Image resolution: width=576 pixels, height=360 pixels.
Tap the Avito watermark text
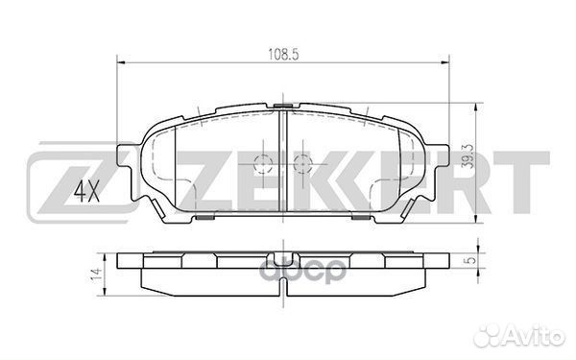(x=539, y=336)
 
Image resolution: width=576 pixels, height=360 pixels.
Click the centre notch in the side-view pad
(x=283, y=259)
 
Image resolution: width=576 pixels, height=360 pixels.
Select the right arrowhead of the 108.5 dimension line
(x=447, y=64)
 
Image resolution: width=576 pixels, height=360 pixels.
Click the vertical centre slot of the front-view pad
(x=283, y=158)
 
